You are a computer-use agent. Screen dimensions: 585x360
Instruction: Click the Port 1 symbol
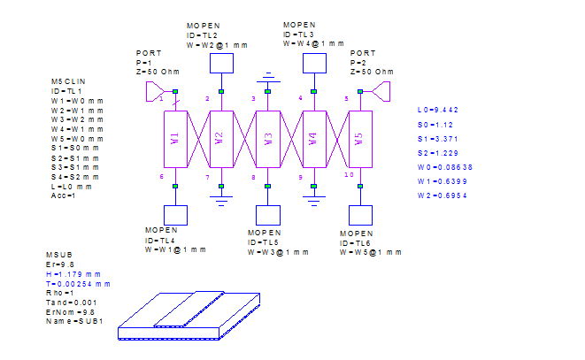point(155,91)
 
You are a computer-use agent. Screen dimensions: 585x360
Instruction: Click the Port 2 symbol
point(381,91)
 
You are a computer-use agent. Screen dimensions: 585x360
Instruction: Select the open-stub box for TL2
point(221,63)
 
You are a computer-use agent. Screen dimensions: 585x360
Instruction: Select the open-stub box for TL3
point(314,63)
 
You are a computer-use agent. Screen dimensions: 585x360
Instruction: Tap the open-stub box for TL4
point(176,215)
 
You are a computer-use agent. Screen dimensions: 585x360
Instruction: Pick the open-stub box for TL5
point(268,215)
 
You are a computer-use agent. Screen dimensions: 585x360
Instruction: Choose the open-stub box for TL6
point(361,215)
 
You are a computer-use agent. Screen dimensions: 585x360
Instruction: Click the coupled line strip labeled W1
point(176,139)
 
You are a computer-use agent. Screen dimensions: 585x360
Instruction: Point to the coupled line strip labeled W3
point(268,139)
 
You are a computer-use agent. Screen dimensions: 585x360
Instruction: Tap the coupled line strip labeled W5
point(361,139)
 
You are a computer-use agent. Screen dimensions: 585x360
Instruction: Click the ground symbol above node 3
point(268,77)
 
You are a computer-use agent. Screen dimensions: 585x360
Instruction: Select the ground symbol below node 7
point(221,201)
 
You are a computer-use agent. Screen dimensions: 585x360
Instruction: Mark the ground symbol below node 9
point(314,201)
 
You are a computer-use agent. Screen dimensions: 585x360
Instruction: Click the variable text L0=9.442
point(437,110)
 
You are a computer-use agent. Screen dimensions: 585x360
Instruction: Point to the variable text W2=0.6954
point(443,195)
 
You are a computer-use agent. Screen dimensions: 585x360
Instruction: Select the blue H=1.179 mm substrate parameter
point(73,274)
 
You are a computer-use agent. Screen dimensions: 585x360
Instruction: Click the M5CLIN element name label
point(68,81)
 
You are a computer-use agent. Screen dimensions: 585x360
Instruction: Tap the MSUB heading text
point(59,255)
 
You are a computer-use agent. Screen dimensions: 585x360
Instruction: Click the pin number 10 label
point(349,174)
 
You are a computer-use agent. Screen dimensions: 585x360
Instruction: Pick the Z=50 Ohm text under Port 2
point(372,72)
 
